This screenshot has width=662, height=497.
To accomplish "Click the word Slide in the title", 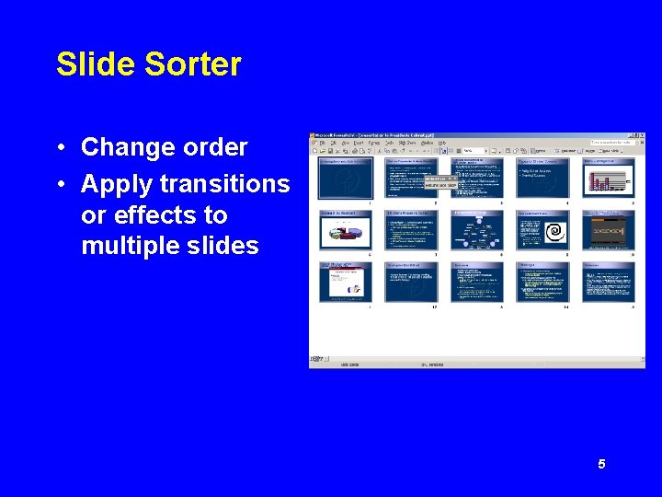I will (x=86, y=64).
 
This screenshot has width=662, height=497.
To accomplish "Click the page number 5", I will (x=601, y=465).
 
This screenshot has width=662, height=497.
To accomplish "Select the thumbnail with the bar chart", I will (x=609, y=178).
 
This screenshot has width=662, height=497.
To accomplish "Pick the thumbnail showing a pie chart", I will (x=345, y=230).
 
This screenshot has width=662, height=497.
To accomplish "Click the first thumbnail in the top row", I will (x=345, y=178).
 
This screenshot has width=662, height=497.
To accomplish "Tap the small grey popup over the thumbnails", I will (x=439, y=182).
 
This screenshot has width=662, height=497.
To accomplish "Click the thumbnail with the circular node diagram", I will (x=476, y=230).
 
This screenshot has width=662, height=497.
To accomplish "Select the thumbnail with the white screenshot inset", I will (x=345, y=283).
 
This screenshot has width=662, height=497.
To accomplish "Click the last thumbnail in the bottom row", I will (x=609, y=283).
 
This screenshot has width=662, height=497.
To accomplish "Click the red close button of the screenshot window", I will (x=641, y=136).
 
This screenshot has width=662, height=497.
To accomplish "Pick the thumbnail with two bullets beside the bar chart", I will (x=542, y=178).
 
